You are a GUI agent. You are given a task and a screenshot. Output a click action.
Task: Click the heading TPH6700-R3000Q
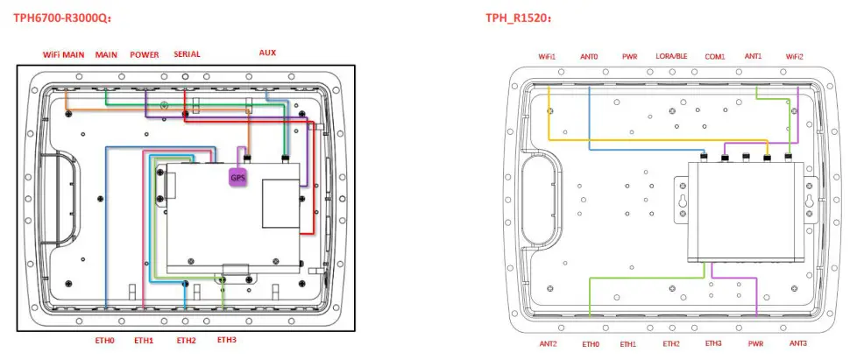click(x=61, y=18)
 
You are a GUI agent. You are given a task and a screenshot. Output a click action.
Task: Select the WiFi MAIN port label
click(x=64, y=54)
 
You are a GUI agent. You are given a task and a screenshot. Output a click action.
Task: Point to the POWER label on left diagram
click(x=145, y=54)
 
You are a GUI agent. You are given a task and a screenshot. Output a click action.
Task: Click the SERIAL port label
click(x=187, y=54)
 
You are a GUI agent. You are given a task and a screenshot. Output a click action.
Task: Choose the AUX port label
click(x=267, y=53)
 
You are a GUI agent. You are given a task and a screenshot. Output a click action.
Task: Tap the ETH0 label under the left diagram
click(x=105, y=341)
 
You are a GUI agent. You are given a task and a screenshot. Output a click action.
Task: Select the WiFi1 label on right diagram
click(x=548, y=57)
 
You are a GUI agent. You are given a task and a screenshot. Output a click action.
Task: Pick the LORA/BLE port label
click(x=671, y=57)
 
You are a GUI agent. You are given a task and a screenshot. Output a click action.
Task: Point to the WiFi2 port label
click(x=795, y=57)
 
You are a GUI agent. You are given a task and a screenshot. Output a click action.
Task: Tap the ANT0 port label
click(x=589, y=57)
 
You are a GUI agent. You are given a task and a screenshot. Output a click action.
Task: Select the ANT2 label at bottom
click(x=549, y=344)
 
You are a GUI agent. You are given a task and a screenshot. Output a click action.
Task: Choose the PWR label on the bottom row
click(x=755, y=344)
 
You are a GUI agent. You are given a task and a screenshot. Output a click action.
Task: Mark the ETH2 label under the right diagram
click(x=671, y=344)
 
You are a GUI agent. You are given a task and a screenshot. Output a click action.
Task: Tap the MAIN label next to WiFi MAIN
click(x=106, y=54)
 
